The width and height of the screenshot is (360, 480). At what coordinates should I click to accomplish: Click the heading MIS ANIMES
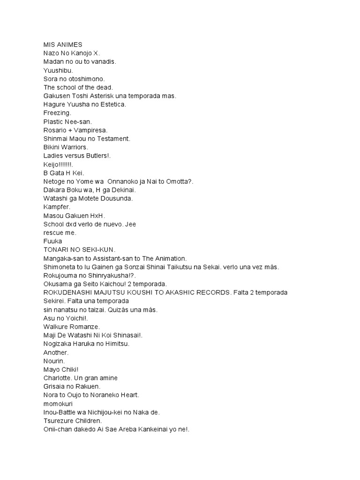point(62,45)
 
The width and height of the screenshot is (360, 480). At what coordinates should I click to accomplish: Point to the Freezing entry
point(57,113)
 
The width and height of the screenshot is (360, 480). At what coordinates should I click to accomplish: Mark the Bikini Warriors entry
point(65,147)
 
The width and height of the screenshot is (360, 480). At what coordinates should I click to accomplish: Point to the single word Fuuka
point(52,241)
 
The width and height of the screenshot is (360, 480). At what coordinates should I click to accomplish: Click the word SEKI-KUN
point(98,250)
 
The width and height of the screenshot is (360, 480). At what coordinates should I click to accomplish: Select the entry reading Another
point(56,352)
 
